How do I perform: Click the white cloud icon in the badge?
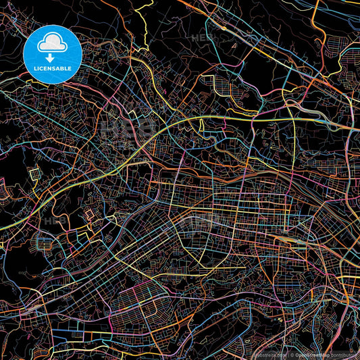click(x=53, y=44)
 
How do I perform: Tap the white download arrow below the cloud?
click(x=53, y=58)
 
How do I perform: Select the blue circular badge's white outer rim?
click(x=53, y=25)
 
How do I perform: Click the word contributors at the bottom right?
click(x=344, y=354)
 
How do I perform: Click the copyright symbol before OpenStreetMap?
click(x=290, y=354)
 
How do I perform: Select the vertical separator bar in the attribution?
click(x=286, y=354)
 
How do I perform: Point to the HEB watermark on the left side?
click(x=55, y=220)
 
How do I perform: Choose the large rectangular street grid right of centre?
click(x=250, y=216)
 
